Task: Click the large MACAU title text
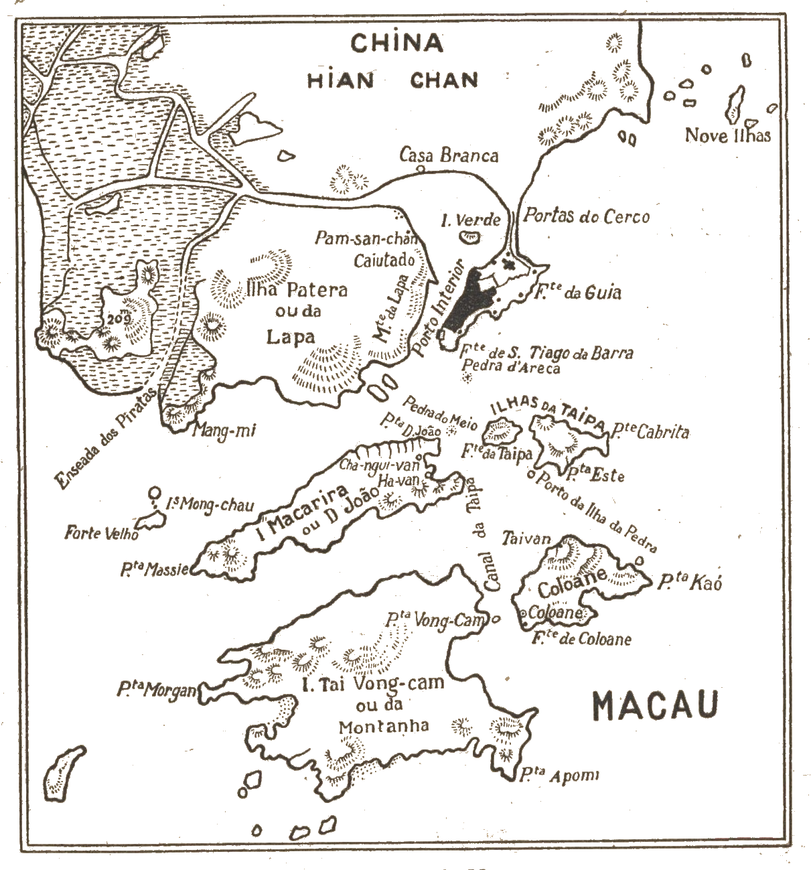coord(656,705)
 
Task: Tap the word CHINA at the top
coord(397,44)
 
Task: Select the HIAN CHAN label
coord(393,81)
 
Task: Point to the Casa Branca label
coord(449,157)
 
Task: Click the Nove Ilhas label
coord(727,136)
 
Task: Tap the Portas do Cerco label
coord(586,216)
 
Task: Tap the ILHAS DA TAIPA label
coord(548,413)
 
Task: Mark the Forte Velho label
coord(102,534)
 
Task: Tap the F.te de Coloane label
coord(581,639)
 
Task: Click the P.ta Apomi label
coord(558,776)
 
